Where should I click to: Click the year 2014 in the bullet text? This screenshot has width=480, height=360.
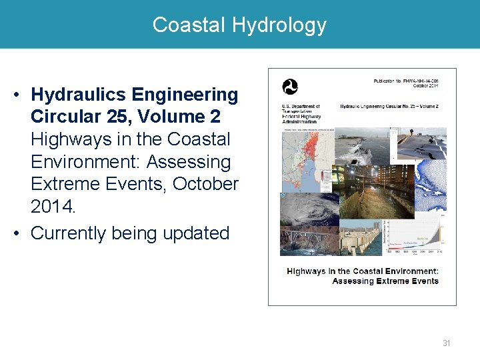point(53,207)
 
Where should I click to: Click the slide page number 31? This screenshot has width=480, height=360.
point(446,343)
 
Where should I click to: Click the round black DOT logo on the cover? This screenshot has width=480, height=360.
point(290,87)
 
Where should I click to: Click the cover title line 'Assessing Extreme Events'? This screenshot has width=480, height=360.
point(385,281)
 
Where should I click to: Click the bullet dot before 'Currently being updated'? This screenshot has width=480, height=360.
point(18,233)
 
